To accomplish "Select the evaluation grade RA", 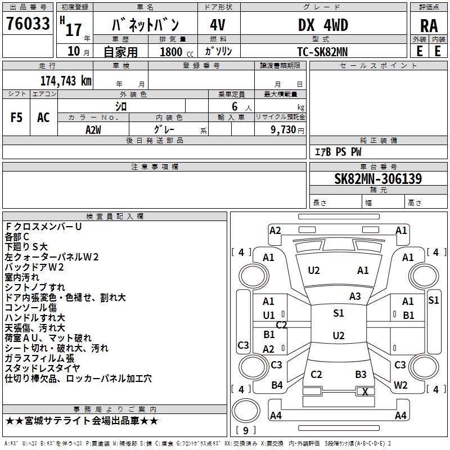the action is click(x=429, y=25).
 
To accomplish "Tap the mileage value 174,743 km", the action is click(x=66, y=80).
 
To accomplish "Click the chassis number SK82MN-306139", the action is click(x=378, y=179).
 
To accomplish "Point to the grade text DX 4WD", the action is click(x=323, y=25).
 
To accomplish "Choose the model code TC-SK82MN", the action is click(x=322, y=51).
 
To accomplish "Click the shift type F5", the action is click(x=17, y=118).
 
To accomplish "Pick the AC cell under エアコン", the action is click(x=43, y=118).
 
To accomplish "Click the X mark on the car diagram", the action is click(x=365, y=392).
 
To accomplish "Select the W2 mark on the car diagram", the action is click(x=400, y=385).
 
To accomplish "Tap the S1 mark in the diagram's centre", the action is click(x=338, y=313).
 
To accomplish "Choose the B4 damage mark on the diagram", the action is click(x=277, y=385).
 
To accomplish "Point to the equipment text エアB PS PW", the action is click(x=337, y=152).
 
